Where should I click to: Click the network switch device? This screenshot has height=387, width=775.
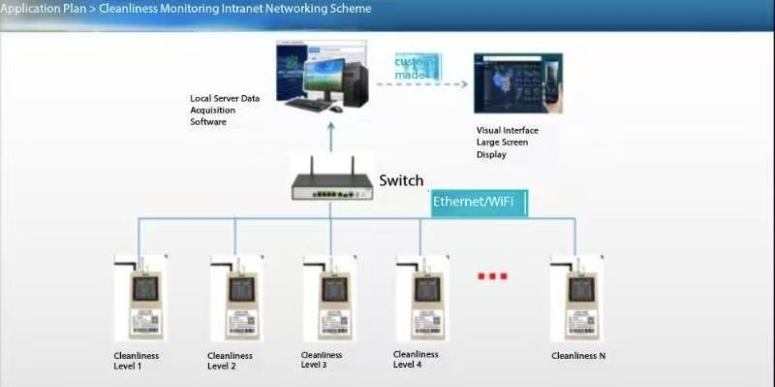coord(331,181)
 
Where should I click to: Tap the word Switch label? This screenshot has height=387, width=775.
coord(401,180)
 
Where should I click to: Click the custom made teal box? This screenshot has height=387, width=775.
coord(417,68)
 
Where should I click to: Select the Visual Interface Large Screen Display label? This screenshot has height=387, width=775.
coord(507,142)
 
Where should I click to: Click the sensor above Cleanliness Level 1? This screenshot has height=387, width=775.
coord(141,298)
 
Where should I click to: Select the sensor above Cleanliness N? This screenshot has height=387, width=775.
coord(576,298)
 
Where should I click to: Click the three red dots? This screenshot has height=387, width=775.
coord(492,276)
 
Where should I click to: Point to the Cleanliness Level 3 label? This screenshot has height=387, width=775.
coord(324,360)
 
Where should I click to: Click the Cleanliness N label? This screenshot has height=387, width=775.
coord(578,356)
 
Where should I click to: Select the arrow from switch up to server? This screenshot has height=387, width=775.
coord(330,137)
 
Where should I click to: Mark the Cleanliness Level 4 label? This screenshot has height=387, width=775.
coord(416,359)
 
